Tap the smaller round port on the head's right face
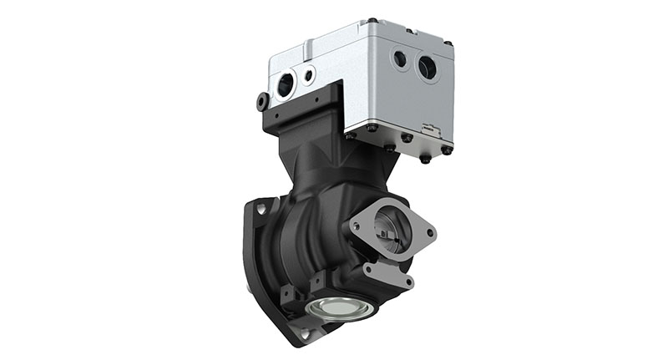pyautogui.click(x=400, y=59)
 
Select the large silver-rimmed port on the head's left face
pyautogui.click(x=285, y=84)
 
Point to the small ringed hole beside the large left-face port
pyautogui.click(x=310, y=75)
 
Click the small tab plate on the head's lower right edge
pyautogui.click(x=429, y=130)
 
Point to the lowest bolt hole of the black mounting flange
pyautogui.click(x=303, y=334)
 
